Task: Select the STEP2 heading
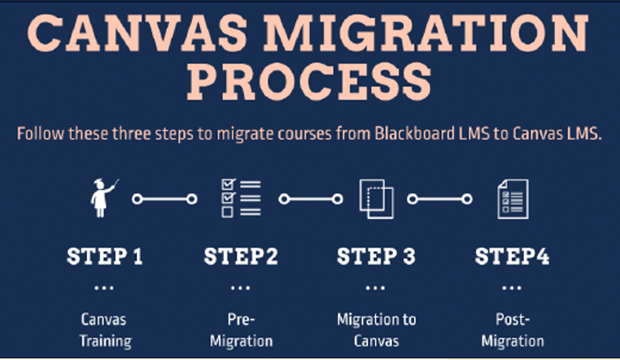coord(240,256)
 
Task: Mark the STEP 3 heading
coord(375,256)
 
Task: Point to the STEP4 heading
coord(512,256)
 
